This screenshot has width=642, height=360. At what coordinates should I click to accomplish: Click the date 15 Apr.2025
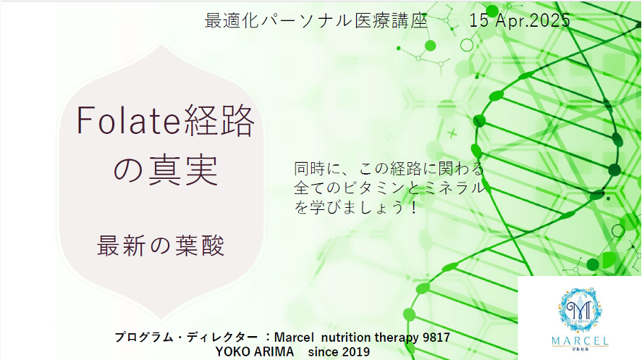click(520, 20)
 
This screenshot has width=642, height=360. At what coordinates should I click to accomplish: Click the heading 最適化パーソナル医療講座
click(316, 21)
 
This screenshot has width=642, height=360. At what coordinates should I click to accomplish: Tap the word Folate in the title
click(128, 121)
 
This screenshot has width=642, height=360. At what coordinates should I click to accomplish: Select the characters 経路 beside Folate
click(219, 120)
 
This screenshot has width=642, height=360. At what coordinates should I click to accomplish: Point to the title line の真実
click(165, 170)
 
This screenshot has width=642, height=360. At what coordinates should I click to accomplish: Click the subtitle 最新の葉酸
click(161, 246)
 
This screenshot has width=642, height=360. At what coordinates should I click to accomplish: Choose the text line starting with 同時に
click(389, 168)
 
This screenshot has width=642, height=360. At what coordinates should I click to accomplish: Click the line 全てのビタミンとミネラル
click(389, 188)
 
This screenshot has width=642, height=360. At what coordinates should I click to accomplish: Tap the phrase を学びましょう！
click(356, 207)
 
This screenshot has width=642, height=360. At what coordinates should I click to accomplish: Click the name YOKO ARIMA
click(255, 352)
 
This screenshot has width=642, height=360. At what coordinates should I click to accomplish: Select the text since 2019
click(339, 352)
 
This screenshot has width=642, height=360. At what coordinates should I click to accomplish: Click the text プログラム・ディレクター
click(186, 338)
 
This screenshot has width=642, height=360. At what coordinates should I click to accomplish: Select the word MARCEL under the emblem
click(580, 340)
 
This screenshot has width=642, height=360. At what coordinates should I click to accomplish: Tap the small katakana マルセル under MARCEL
click(580, 349)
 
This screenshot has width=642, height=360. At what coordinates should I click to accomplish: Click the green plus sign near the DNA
click(452, 133)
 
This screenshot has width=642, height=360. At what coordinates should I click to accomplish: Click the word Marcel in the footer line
click(294, 338)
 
